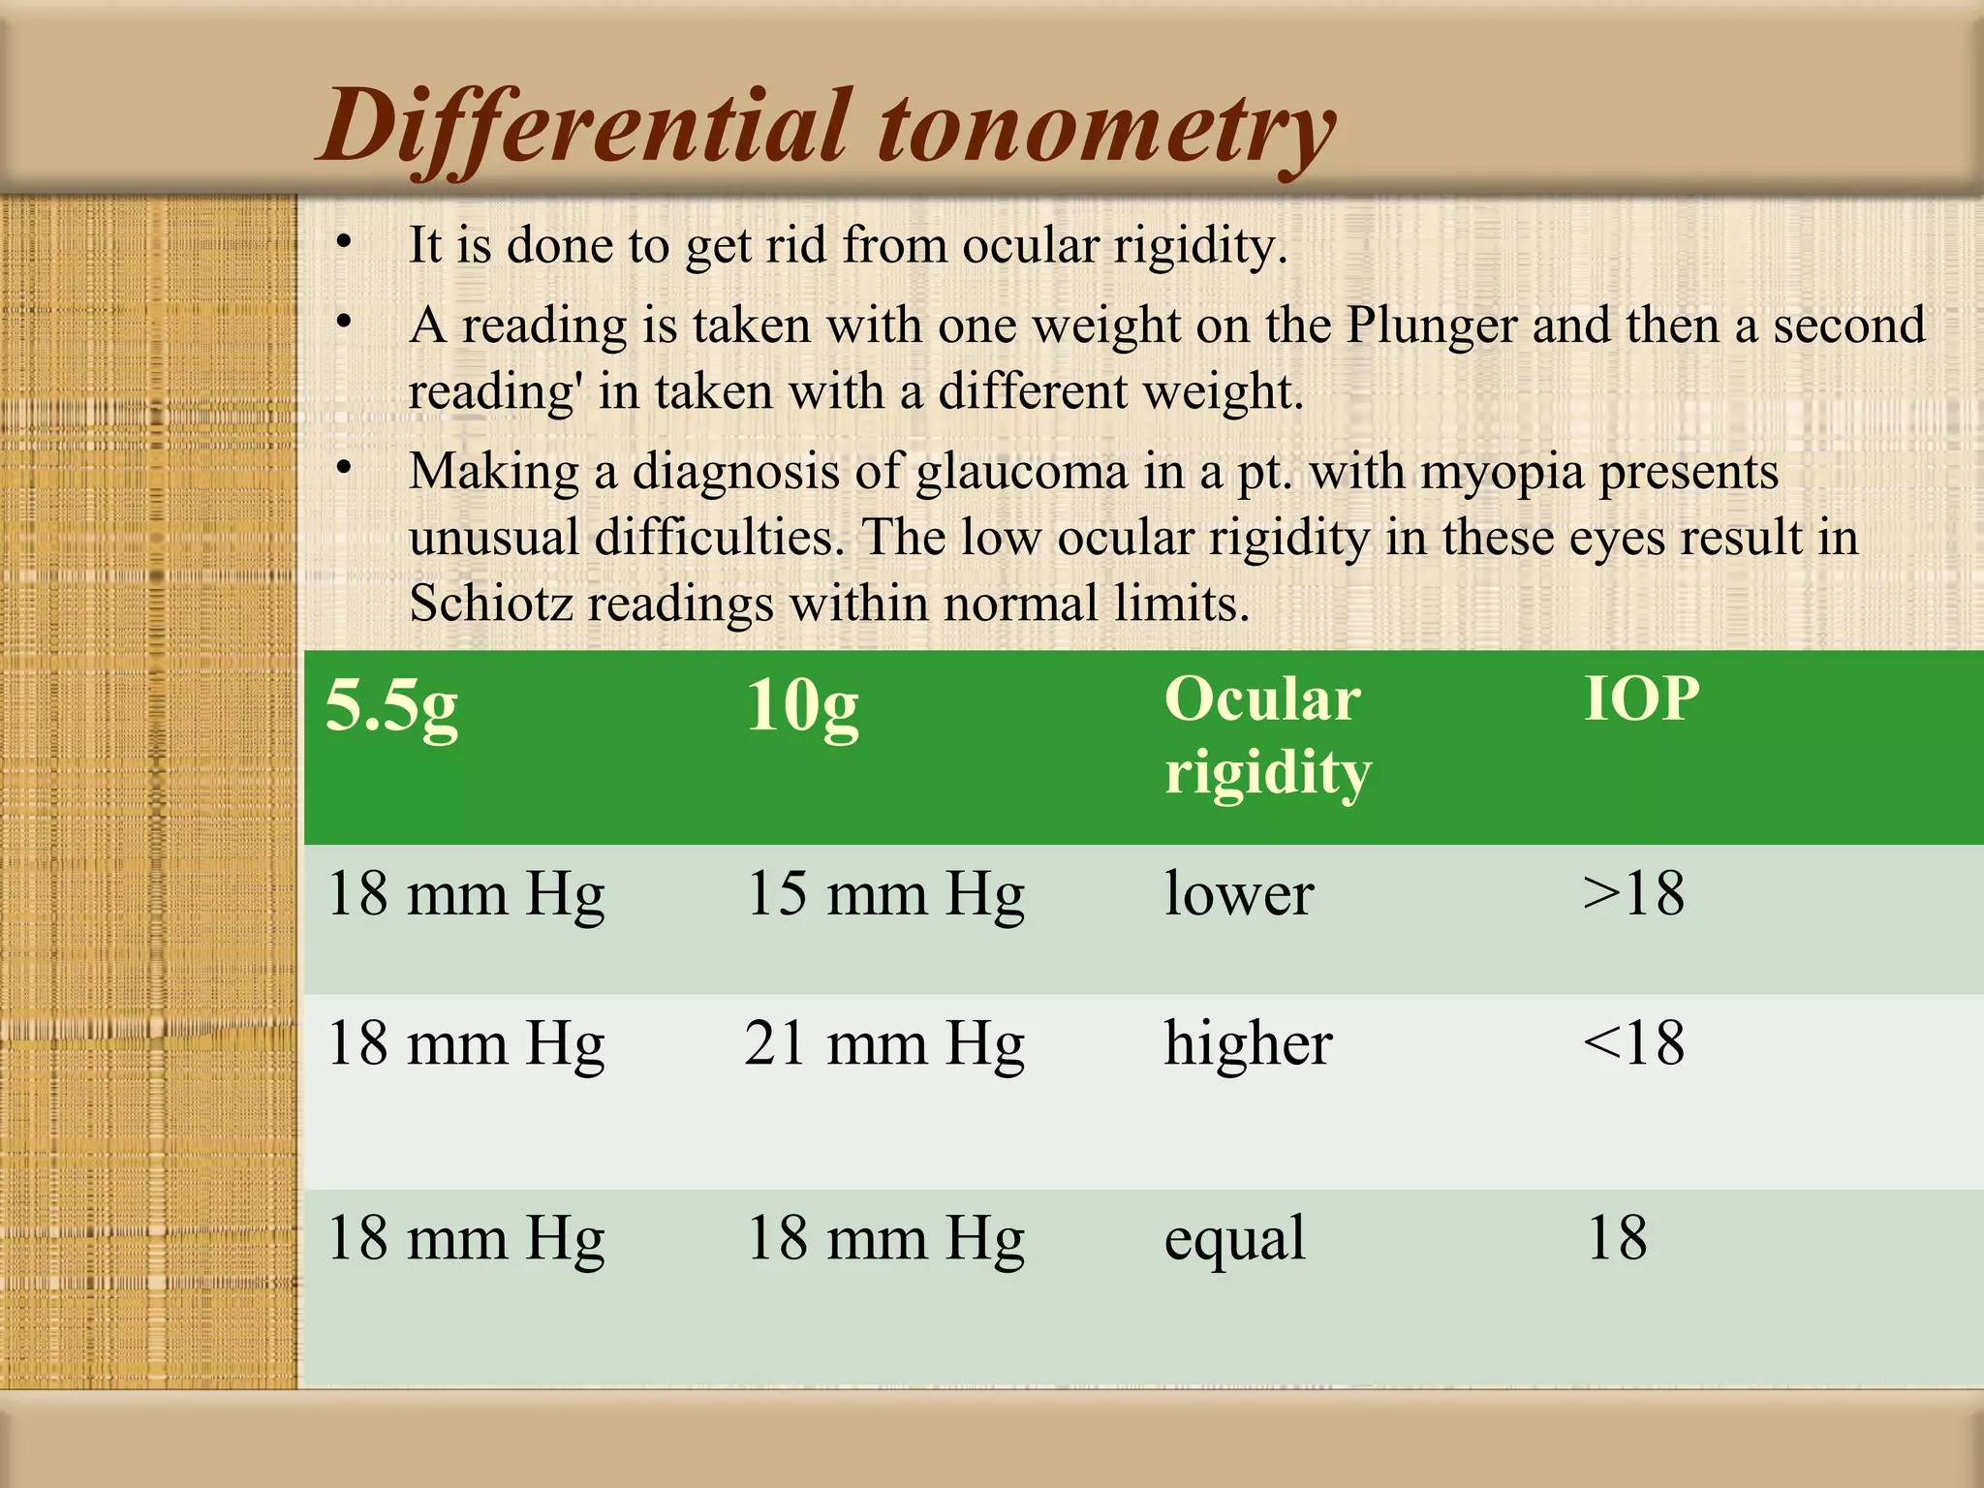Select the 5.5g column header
(x=391, y=705)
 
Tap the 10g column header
(x=802, y=705)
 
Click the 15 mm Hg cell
(x=884, y=893)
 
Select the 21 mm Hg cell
(x=884, y=1044)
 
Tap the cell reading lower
(x=1239, y=893)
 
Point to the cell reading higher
(x=1248, y=1044)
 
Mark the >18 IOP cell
(x=1633, y=893)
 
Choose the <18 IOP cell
(x=1633, y=1044)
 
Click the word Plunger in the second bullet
(x=1431, y=325)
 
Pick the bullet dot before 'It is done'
(x=343, y=240)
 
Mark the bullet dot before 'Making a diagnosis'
(x=343, y=468)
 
